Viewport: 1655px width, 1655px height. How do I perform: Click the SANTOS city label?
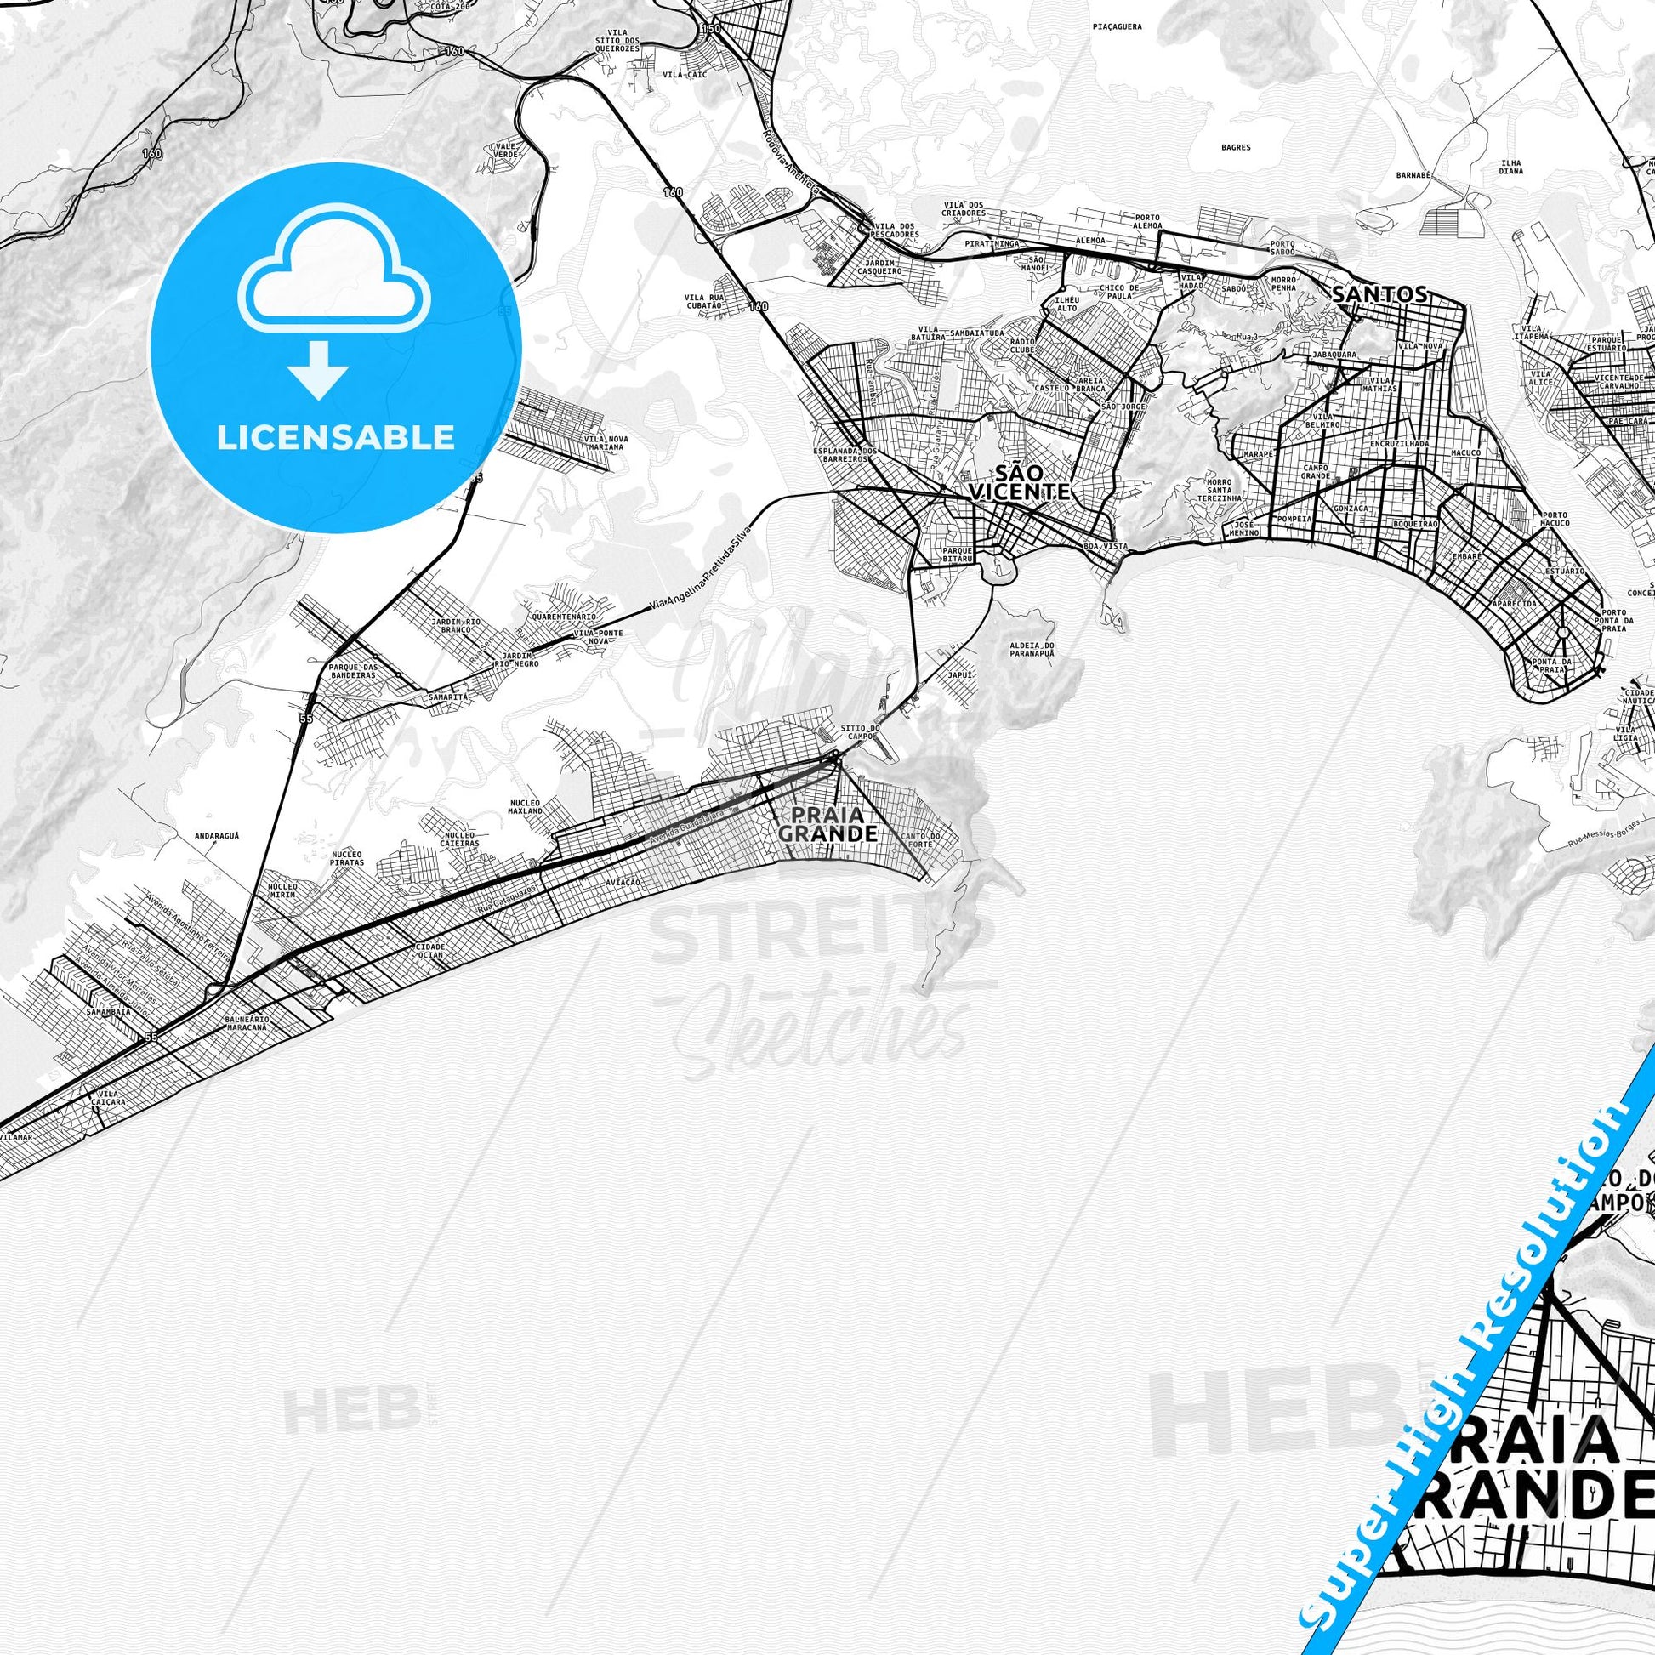click(x=1379, y=293)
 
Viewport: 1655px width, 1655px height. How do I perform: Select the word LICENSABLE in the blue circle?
click(x=335, y=437)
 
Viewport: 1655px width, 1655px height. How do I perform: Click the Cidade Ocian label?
click(x=429, y=952)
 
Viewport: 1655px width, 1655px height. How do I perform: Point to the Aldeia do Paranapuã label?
click(x=1032, y=648)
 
